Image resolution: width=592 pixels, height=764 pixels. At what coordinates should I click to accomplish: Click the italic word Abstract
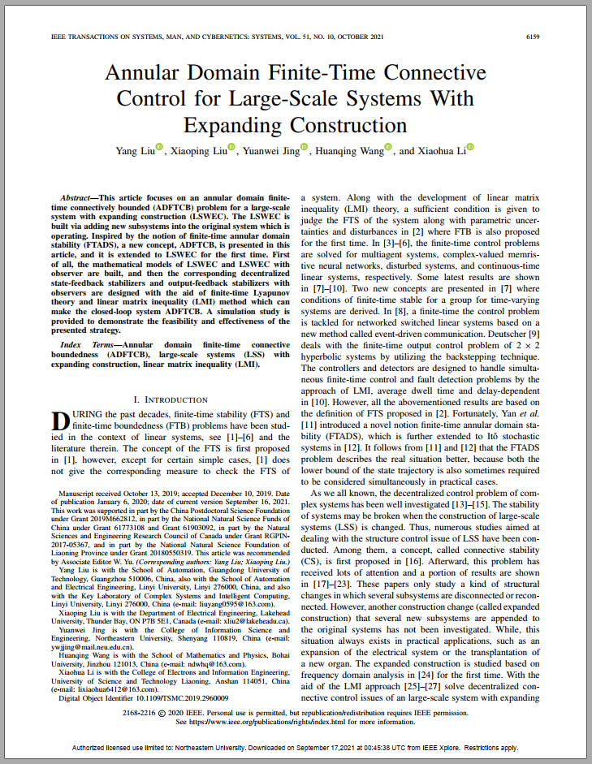tap(78, 198)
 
